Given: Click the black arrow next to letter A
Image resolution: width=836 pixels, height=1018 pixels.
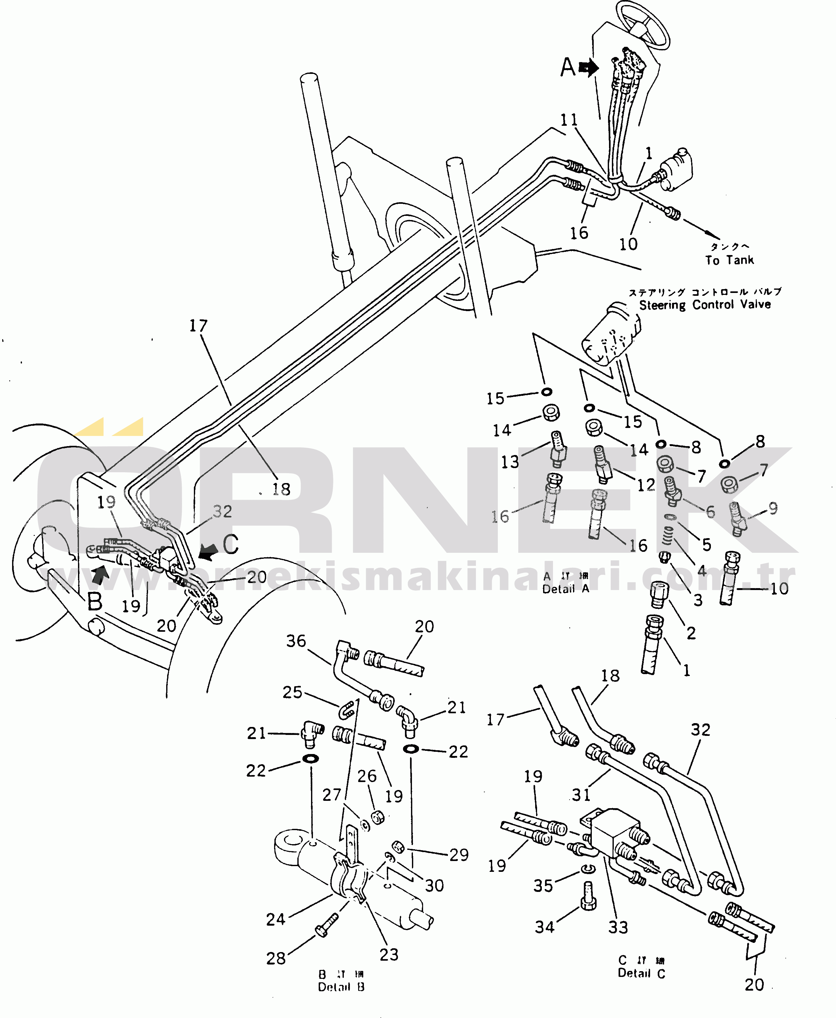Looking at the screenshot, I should (588, 68).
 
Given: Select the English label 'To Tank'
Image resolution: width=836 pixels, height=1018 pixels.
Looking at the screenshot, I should (729, 260).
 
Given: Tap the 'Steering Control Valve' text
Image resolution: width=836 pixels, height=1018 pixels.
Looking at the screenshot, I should (705, 304).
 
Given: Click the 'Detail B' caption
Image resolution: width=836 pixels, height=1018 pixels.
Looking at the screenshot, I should (341, 987).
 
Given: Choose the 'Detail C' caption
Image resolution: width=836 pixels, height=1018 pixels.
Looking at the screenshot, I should (641, 973).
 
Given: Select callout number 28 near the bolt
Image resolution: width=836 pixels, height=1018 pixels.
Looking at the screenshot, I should (276, 958).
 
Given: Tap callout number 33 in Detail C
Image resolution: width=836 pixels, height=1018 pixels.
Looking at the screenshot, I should (618, 927).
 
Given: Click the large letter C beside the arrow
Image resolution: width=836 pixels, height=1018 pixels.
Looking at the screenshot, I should (230, 544).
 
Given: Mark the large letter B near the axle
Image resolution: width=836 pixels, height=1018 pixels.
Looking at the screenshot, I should (95, 601).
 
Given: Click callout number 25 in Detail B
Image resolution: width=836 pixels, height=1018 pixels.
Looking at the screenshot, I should (292, 692).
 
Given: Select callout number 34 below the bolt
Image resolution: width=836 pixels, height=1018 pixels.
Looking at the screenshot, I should (545, 927).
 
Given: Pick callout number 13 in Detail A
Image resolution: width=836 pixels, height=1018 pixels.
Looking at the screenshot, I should (510, 462).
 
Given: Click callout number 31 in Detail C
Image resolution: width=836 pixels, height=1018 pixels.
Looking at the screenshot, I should (581, 794).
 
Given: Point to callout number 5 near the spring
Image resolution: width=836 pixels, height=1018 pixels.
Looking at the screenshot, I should (706, 544).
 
